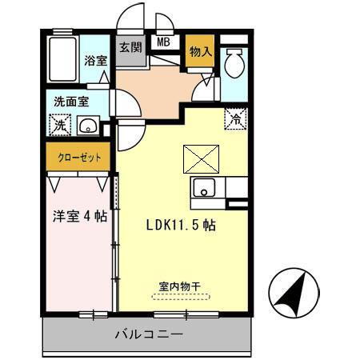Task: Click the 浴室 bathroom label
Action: coord(95,60)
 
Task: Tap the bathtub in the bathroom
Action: coord(62,58)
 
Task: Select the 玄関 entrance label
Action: coord(130,47)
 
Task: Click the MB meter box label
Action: coord(163,43)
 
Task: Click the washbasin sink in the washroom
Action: coord(88,126)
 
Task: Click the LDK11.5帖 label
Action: coord(180,226)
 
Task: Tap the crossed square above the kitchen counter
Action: coord(197,158)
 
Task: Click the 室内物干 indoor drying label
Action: coord(181,284)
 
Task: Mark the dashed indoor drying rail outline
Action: coord(181,296)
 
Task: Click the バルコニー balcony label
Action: coord(149,334)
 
